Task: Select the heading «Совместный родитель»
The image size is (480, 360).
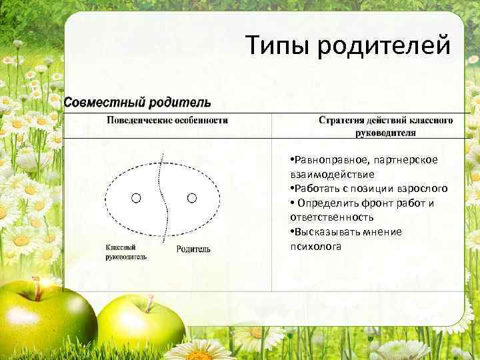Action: [x=137, y=103]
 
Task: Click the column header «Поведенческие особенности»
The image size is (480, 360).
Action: [x=167, y=121]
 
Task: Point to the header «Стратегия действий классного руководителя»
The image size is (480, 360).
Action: [x=385, y=127]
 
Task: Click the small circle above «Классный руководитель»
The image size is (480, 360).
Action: [x=136, y=198]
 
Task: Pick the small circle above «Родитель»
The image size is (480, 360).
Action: [x=192, y=197]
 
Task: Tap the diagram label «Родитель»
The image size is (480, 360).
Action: [x=193, y=249]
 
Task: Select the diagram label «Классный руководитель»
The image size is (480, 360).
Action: [x=126, y=252]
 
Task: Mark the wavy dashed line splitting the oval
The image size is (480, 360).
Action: [x=162, y=200]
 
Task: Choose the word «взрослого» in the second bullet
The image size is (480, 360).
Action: [x=423, y=189]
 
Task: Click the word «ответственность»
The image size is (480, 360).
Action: [x=331, y=217]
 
